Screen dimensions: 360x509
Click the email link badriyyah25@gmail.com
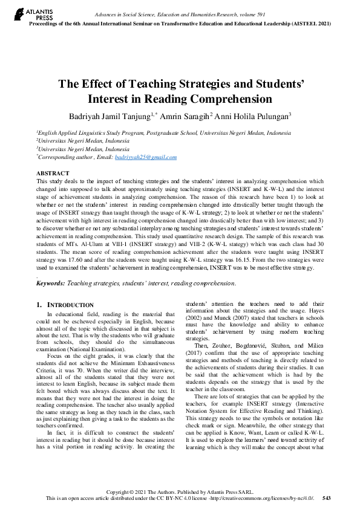[x=146, y=157]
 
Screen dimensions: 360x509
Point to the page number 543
[x=326, y=498]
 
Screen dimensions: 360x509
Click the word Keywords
[x=50, y=283]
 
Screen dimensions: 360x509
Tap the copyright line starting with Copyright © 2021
[x=180, y=491]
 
